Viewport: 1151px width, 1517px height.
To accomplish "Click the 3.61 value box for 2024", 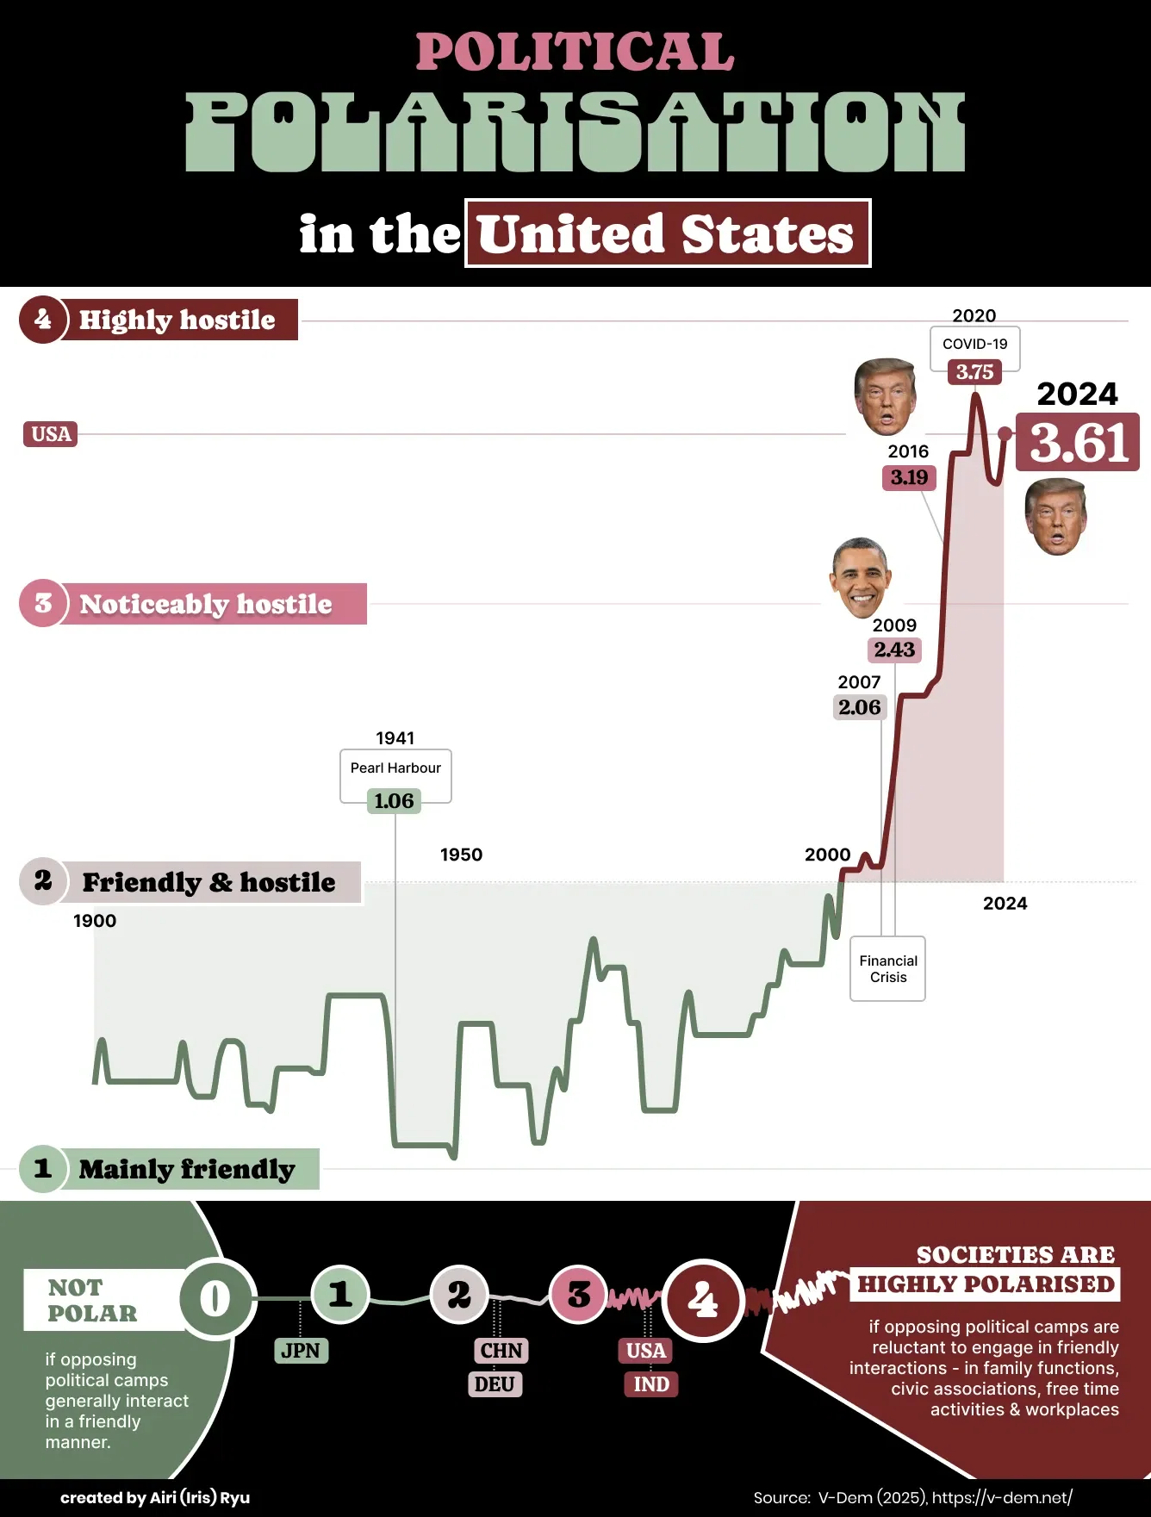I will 1078,442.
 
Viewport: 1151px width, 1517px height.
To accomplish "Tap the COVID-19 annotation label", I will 974,344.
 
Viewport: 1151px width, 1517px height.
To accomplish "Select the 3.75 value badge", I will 974,372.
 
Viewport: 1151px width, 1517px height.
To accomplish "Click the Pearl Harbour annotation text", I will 395,768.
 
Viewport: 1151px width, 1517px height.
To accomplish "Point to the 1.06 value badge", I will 394,801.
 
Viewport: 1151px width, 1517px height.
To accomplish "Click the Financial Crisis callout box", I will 887,968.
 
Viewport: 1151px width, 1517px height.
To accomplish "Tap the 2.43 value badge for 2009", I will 894,650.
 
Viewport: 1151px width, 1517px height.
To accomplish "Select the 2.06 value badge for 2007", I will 859,707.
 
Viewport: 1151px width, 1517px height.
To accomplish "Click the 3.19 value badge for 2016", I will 909,477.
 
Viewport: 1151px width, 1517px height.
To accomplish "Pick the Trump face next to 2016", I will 885,397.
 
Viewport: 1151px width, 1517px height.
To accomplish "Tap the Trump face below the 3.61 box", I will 1055,517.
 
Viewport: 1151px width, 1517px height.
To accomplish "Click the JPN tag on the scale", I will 301,1351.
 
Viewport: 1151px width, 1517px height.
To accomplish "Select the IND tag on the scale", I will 650,1384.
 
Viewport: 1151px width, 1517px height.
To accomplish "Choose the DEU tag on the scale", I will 495,1384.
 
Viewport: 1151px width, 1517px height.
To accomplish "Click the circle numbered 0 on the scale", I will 215,1298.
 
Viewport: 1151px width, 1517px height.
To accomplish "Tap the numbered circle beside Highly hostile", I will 43,320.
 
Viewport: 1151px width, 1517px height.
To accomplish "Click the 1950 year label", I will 461,855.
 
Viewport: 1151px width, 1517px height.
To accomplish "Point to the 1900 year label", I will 95,921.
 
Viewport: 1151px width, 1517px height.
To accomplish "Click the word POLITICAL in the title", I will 575,52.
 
